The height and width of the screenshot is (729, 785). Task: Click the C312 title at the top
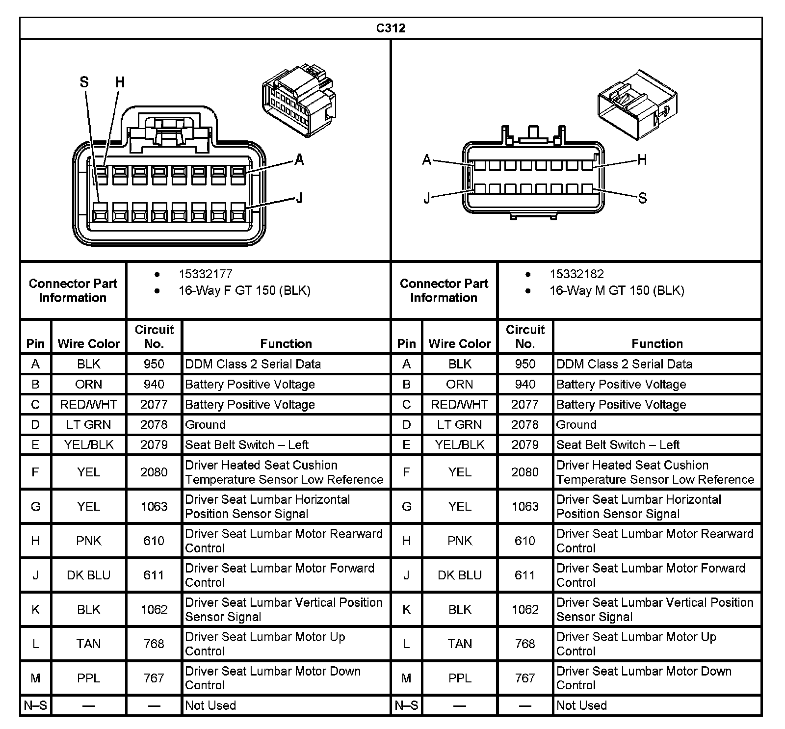coord(391,28)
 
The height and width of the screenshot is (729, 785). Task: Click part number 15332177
coord(205,274)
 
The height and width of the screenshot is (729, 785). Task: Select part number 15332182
coord(576,274)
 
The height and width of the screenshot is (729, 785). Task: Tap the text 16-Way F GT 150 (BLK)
coord(244,290)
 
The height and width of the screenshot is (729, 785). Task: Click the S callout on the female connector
coord(84,82)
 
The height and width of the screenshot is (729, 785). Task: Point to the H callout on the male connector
coord(642,159)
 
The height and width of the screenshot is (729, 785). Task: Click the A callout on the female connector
coord(299,159)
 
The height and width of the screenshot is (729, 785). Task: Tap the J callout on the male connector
coord(427,198)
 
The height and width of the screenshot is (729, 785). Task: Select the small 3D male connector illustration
coord(637,104)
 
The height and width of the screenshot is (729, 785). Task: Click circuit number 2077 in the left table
coord(154,404)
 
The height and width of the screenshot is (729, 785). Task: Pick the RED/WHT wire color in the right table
coord(459,404)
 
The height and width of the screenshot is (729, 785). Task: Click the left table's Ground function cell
coord(206,424)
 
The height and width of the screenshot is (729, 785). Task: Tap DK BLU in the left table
coord(88,575)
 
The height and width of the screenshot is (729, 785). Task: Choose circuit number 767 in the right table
coord(525,678)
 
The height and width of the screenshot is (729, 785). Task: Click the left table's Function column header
coord(286,343)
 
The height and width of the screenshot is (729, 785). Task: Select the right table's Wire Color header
coord(459,343)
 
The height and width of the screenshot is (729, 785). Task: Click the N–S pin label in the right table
coord(406,705)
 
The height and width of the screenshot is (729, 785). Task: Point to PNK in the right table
coord(459,541)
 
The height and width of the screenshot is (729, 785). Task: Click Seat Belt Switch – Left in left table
coord(247,444)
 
